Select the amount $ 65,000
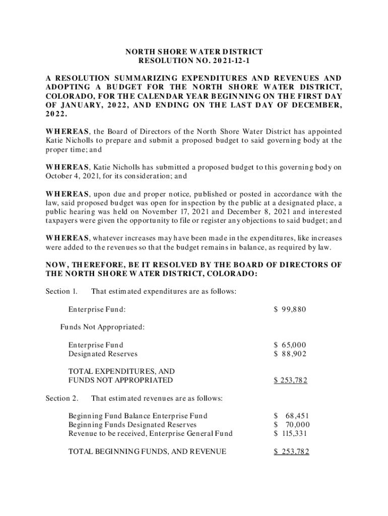coord(290,345)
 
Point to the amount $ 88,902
coord(290,354)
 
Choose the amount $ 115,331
coord(290,433)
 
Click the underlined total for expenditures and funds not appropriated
coord(291,380)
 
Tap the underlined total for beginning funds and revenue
coord(291,451)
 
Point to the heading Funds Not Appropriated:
coord(103,327)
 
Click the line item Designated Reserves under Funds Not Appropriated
coord(103,354)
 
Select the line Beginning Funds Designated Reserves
coord(133,425)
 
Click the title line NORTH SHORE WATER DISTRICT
coord(194,51)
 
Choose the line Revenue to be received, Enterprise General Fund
coord(150,433)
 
